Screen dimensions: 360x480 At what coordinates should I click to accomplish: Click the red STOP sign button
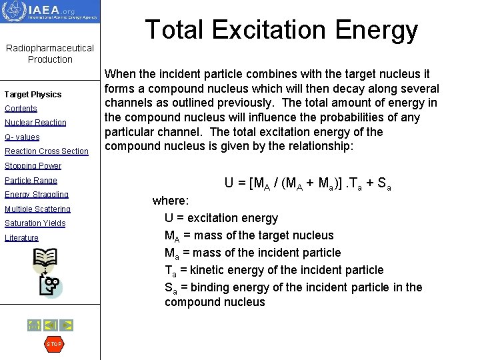click(53, 344)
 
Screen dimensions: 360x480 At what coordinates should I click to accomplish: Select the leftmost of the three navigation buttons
click(34, 325)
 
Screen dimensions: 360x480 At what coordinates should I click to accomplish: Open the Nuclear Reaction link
click(35, 123)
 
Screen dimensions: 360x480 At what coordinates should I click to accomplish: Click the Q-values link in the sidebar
click(22, 137)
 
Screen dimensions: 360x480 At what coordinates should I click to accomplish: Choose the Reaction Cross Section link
click(47, 151)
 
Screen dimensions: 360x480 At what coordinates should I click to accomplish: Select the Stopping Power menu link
click(33, 166)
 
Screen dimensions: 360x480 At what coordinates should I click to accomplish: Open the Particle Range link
click(31, 181)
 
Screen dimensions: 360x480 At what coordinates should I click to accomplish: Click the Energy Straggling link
click(37, 195)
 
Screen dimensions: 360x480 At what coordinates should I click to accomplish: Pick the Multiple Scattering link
click(37, 209)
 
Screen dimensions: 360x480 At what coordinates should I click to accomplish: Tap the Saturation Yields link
click(35, 223)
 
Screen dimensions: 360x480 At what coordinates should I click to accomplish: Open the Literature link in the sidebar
click(21, 238)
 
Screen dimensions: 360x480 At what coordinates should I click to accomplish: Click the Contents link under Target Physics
click(21, 109)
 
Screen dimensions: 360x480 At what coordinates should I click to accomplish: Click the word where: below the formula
click(171, 200)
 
